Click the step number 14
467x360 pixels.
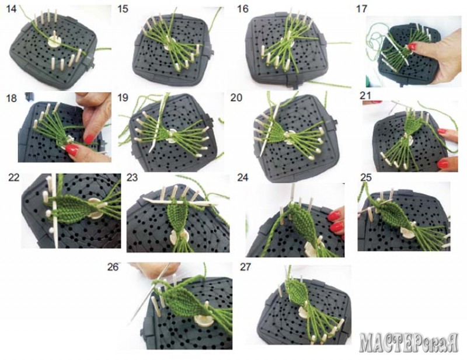pos(12,9)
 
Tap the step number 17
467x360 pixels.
pos(361,9)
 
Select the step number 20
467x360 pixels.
pos(236,97)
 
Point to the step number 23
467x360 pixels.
pos(132,177)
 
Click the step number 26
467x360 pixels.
pos(113,267)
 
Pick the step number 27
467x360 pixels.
pos(245,267)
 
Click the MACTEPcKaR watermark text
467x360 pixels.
pos(409,342)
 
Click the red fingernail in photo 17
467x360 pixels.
pos(412,46)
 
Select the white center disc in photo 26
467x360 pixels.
pos(203,321)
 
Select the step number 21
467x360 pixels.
pos(365,96)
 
